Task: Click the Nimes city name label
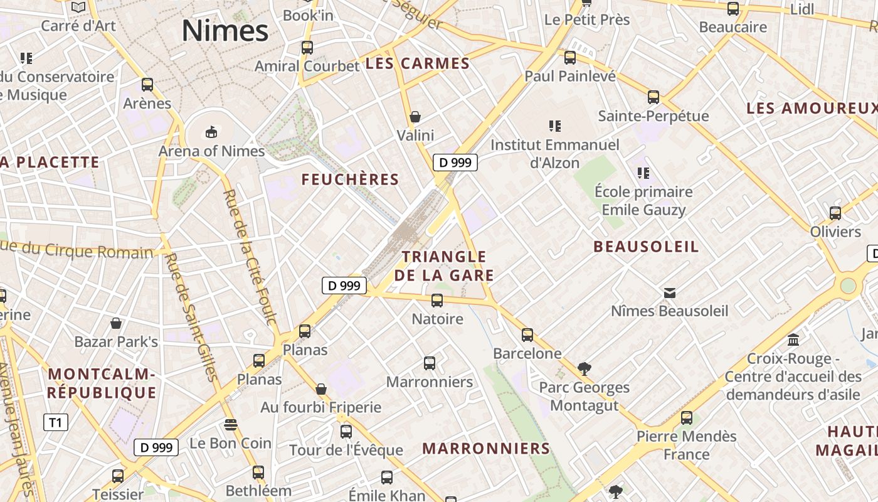[225, 31]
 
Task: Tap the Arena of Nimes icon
[211, 132]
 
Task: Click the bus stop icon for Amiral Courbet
[307, 47]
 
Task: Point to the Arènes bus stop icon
[147, 84]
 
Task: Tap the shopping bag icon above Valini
[415, 117]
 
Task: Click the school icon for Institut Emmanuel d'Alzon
[554, 126]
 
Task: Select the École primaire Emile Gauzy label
[643, 200]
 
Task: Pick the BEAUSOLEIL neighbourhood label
[646, 247]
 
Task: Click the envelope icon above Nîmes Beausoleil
[670, 292]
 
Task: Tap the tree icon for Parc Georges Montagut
[584, 368]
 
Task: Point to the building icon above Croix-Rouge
[793, 340]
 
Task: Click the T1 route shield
[56, 422]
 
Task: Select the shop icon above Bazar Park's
[116, 323]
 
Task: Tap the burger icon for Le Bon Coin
[230, 425]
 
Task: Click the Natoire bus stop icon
[437, 300]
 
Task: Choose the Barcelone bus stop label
[527, 353]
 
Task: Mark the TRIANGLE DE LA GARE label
[444, 265]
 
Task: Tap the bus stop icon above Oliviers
[835, 213]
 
